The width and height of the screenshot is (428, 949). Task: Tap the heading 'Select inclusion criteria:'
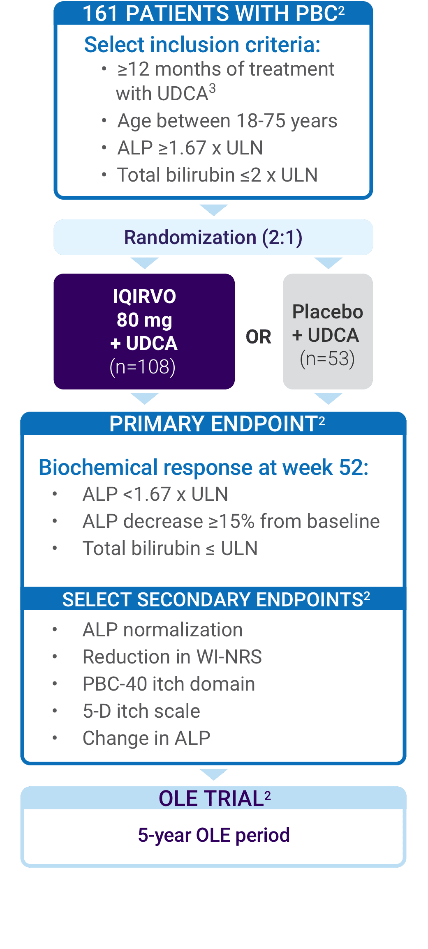(x=202, y=44)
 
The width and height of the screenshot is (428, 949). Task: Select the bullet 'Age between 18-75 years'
(x=227, y=121)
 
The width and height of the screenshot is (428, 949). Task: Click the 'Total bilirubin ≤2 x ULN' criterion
(x=217, y=175)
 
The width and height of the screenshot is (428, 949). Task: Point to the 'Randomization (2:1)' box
(x=213, y=237)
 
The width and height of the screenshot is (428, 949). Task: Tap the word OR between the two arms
(x=259, y=337)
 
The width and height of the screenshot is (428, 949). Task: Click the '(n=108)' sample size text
(x=143, y=366)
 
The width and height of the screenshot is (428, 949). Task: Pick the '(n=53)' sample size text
(x=327, y=359)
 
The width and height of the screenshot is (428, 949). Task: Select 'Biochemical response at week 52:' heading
(x=204, y=468)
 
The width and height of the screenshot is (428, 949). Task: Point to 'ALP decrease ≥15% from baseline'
(x=231, y=521)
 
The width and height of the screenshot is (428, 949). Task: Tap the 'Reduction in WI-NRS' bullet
(x=172, y=656)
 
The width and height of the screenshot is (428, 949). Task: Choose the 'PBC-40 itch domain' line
(x=169, y=684)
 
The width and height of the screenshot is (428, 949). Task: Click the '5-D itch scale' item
(x=141, y=711)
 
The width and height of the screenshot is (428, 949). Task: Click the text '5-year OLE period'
(x=214, y=835)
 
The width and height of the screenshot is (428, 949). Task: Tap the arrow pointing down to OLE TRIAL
(x=213, y=774)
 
